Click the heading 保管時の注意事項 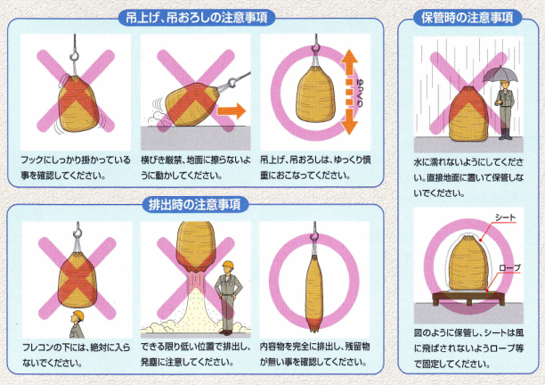(468, 17)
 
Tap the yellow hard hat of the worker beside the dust (227, 265)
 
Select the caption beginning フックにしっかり (74, 168)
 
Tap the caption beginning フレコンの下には (74, 354)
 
